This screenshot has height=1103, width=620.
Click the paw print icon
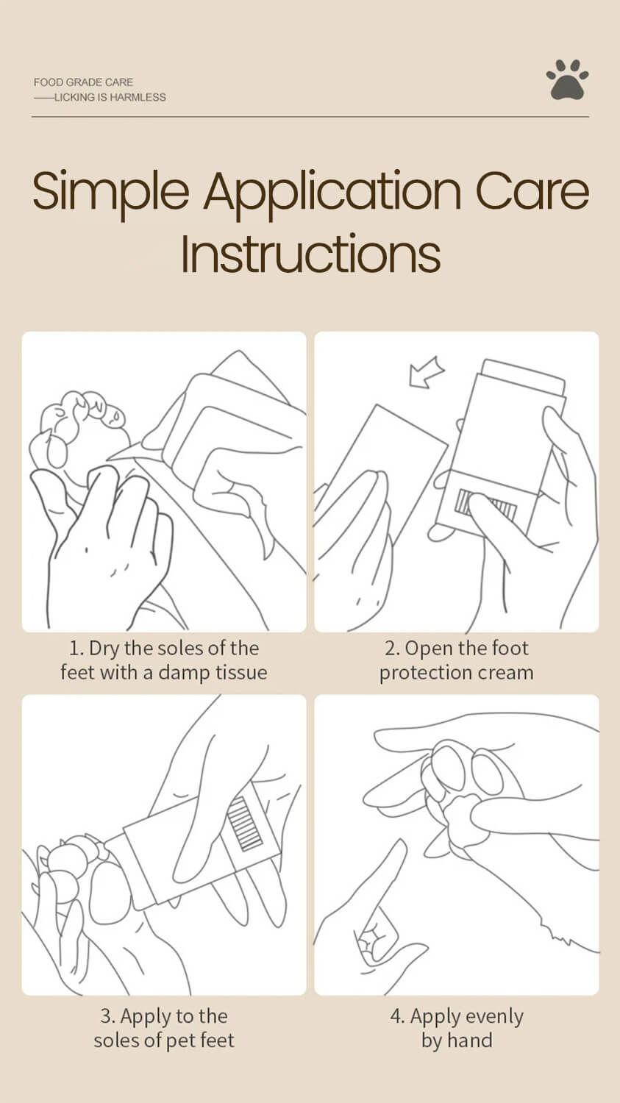click(567, 79)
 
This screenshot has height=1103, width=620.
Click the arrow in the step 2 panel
click(427, 371)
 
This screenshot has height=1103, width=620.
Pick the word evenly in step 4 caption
click(494, 1017)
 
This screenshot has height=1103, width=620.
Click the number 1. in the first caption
click(76, 649)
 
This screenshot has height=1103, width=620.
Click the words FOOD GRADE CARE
click(83, 82)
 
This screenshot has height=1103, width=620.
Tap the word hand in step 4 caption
click(470, 1040)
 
